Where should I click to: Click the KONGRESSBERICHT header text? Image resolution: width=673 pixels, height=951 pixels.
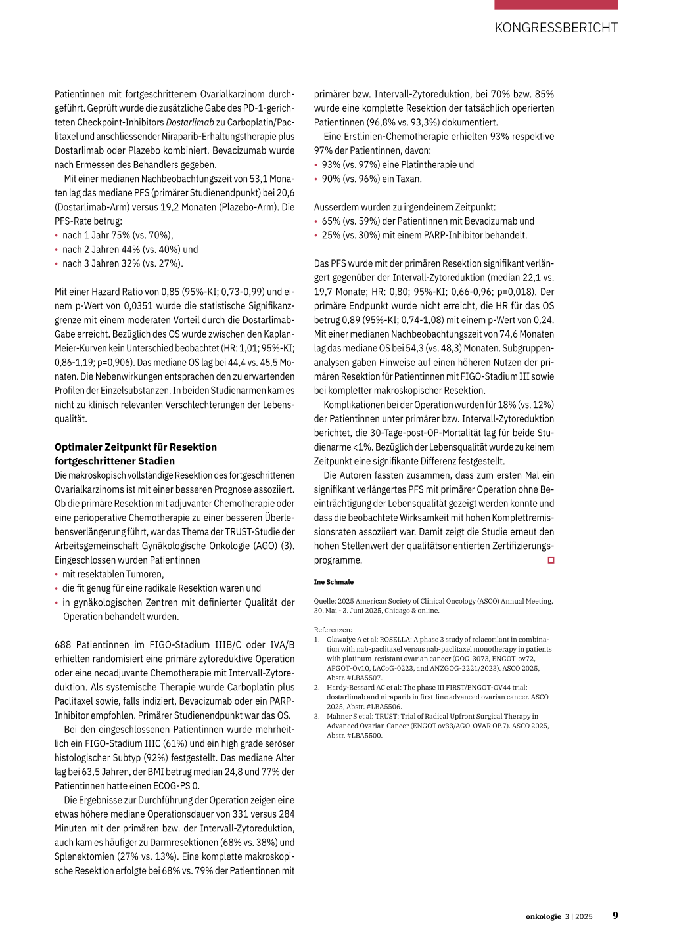556,28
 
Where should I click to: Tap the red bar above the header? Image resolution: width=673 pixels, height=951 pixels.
556,5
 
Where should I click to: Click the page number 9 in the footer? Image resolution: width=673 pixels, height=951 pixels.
615,916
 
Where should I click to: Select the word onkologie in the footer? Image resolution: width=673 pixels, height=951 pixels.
543,916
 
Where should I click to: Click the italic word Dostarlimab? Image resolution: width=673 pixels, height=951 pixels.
190,122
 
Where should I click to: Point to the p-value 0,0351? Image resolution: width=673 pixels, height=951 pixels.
133,305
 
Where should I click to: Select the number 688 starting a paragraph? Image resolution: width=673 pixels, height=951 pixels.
63,645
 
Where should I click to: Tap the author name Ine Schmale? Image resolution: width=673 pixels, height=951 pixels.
334,582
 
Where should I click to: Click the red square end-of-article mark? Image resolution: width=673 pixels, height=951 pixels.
551,560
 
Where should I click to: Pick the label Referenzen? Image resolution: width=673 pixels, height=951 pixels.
333,630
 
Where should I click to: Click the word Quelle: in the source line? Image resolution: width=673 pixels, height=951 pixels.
325,601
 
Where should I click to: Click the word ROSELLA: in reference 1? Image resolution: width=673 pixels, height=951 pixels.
395,639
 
